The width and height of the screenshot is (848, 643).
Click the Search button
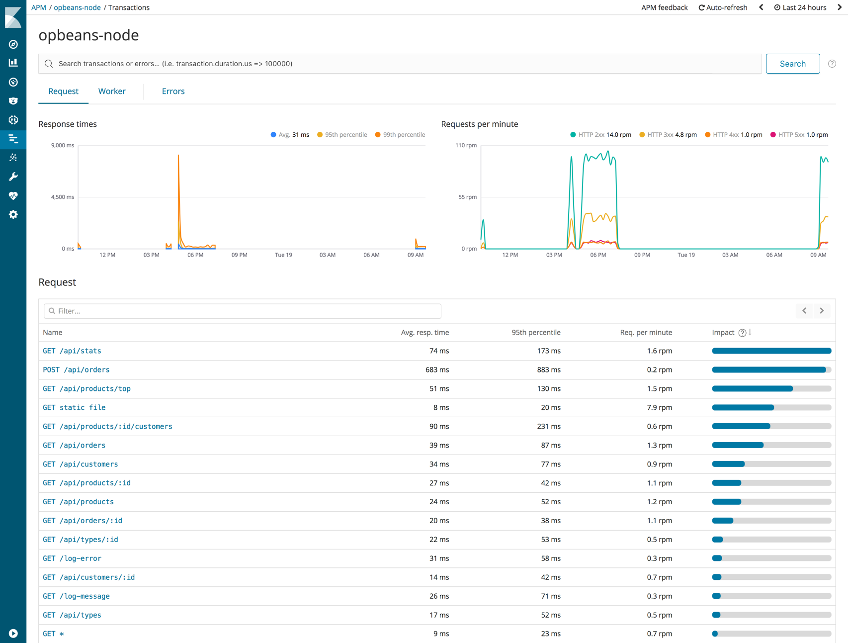click(x=792, y=64)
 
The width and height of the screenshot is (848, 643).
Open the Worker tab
click(x=112, y=91)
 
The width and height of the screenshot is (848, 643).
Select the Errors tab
click(x=173, y=91)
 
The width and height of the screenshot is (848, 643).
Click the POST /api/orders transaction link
click(x=76, y=369)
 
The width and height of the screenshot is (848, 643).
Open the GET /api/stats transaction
click(x=72, y=351)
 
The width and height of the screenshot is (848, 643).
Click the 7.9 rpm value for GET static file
click(x=659, y=407)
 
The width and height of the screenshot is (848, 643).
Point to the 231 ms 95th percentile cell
click(x=548, y=426)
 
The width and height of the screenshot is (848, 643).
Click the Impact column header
click(x=723, y=332)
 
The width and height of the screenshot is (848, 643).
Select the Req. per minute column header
click(x=646, y=332)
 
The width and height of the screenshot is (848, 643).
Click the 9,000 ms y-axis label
click(x=63, y=145)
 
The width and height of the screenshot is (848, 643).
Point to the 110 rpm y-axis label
click(x=466, y=145)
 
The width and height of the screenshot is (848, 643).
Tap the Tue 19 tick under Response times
click(x=283, y=255)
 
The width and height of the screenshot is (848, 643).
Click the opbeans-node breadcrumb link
click(x=77, y=7)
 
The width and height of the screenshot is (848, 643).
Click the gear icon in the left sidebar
click(x=13, y=214)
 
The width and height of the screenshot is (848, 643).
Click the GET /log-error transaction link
click(x=72, y=558)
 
